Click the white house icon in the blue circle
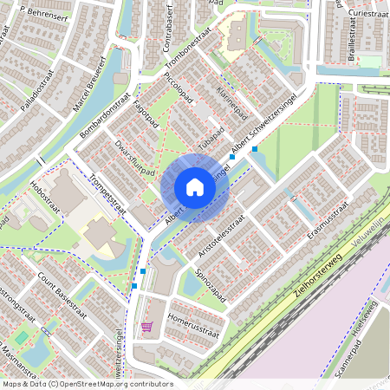[x=195, y=187]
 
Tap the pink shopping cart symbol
[x=146, y=328]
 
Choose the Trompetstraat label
[x=108, y=192]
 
